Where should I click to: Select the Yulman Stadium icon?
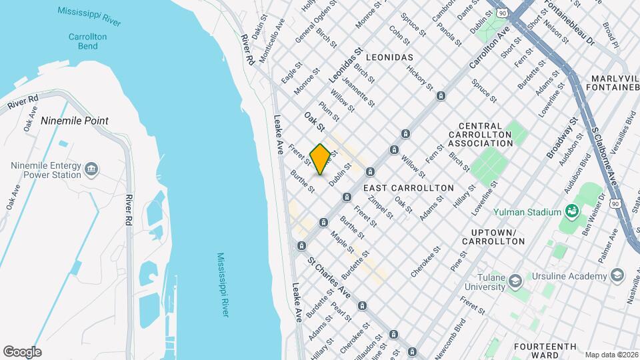click(571, 212)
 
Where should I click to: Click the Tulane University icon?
click(515, 282)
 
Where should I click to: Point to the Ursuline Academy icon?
click(617, 275)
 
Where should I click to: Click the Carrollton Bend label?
click(83, 41)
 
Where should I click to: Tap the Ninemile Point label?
click(74, 121)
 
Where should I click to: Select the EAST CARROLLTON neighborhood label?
click(409, 188)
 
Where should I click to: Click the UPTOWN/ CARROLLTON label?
click(493, 236)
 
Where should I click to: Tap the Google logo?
click(22, 351)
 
